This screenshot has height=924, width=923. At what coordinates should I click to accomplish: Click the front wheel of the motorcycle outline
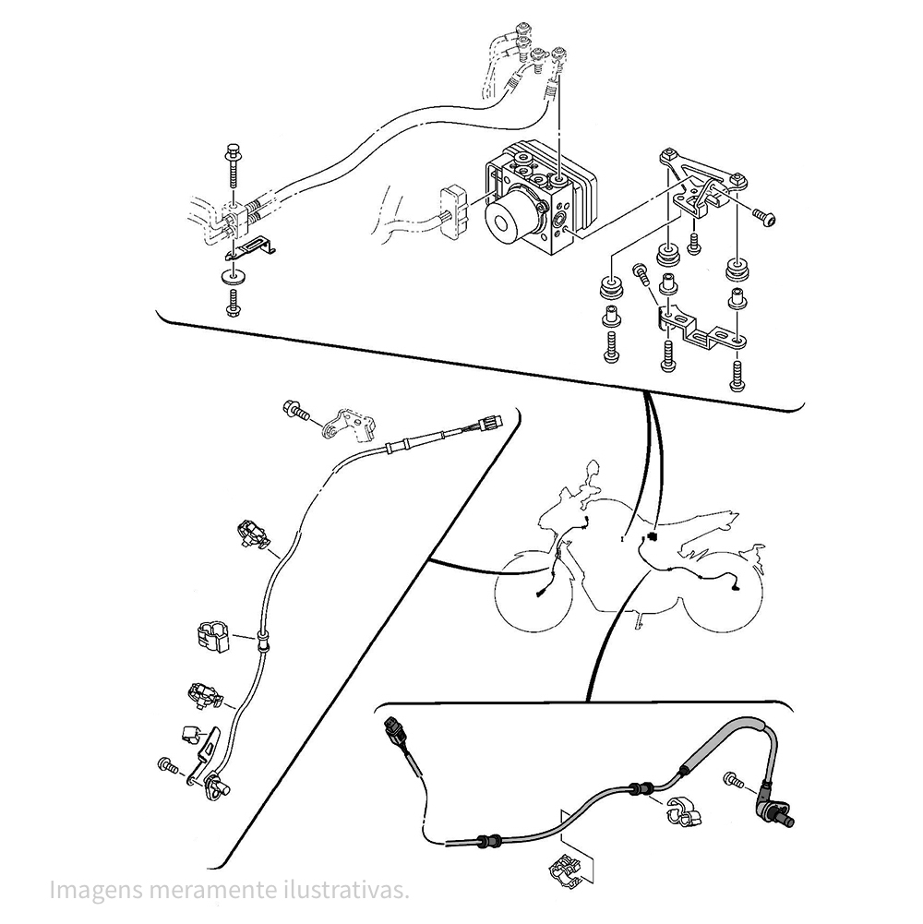(533, 591)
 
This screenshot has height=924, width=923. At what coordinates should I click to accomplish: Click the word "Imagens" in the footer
(96, 891)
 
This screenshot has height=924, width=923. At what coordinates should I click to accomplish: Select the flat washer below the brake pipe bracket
(234, 276)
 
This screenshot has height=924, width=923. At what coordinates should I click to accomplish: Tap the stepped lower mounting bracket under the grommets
(702, 328)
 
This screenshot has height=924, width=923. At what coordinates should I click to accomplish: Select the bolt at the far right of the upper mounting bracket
(764, 216)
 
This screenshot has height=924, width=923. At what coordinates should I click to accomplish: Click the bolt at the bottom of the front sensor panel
(168, 765)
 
